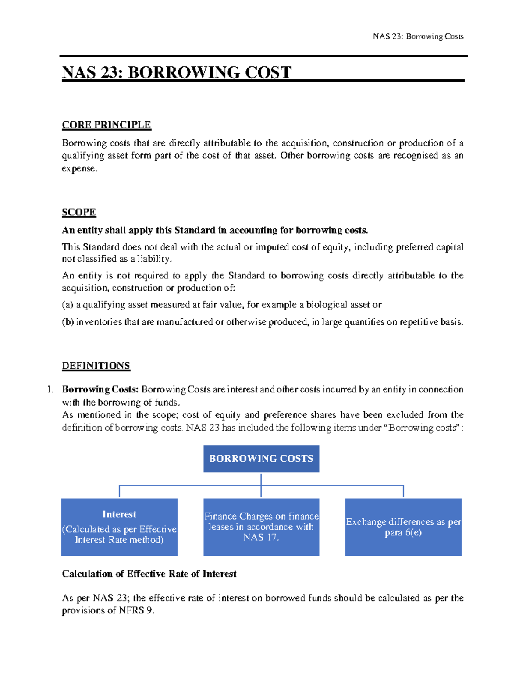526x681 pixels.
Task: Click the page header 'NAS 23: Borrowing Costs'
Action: (418, 36)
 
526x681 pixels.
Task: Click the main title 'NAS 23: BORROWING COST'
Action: (177, 72)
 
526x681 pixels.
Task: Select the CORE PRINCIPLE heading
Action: (107, 125)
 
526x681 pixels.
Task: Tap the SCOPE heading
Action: (79, 212)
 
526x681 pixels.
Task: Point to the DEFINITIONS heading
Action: (96, 366)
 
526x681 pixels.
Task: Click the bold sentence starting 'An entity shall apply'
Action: (215, 230)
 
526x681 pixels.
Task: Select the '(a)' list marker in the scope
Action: (68, 305)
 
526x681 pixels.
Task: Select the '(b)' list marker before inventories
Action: (68, 322)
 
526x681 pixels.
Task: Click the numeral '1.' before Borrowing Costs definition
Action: (51, 389)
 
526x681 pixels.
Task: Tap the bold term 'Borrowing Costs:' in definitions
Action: (100, 389)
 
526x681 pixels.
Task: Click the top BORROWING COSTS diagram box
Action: (261, 459)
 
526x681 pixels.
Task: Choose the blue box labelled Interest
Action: (119, 527)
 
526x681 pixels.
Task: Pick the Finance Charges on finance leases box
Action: (261, 527)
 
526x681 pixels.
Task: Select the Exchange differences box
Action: (403, 527)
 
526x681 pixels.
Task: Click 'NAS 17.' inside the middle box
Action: (261, 538)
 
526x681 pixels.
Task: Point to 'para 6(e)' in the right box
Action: (403, 533)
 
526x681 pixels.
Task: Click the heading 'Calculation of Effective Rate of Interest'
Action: (149, 574)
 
